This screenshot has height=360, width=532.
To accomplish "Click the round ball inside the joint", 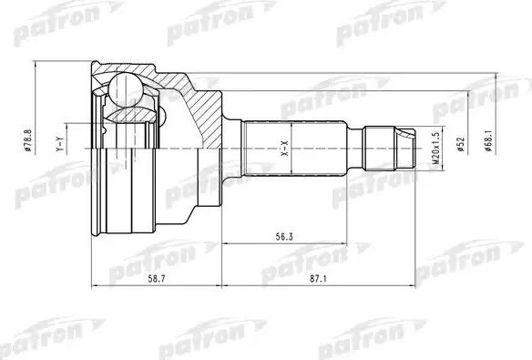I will pyautogui.click(x=124, y=90).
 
